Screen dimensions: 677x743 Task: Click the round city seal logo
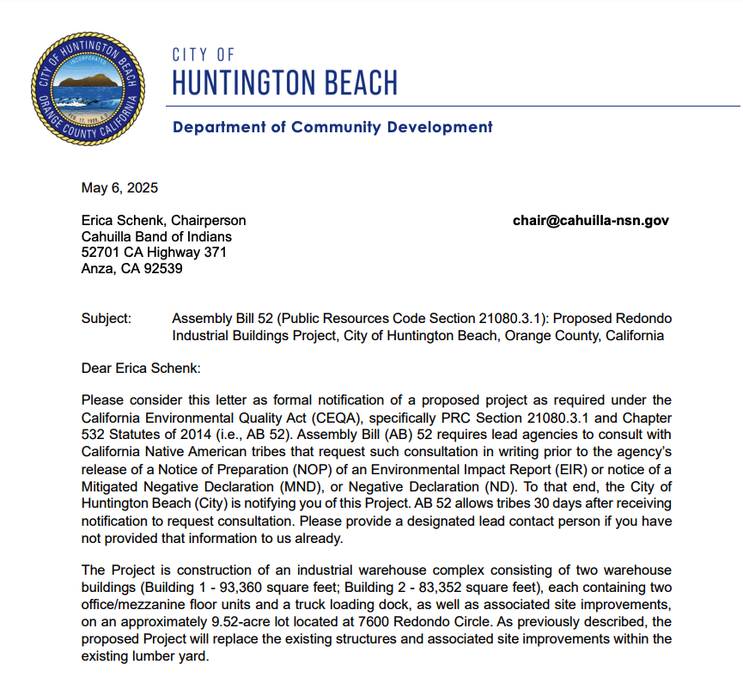coord(85,89)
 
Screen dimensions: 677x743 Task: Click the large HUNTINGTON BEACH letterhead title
coord(284,83)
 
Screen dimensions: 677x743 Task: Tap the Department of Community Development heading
coord(332,127)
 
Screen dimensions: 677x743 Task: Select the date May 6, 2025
coord(119,188)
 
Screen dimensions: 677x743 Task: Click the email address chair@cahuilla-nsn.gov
coord(591,221)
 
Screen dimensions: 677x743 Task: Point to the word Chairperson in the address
coord(209,221)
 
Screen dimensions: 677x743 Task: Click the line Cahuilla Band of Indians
coord(156,236)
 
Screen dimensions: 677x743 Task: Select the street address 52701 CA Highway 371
coord(154,253)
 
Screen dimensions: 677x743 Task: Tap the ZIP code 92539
coord(164,268)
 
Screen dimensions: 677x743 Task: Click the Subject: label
coord(107,319)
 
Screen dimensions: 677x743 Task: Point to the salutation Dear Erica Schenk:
coord(140,369)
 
